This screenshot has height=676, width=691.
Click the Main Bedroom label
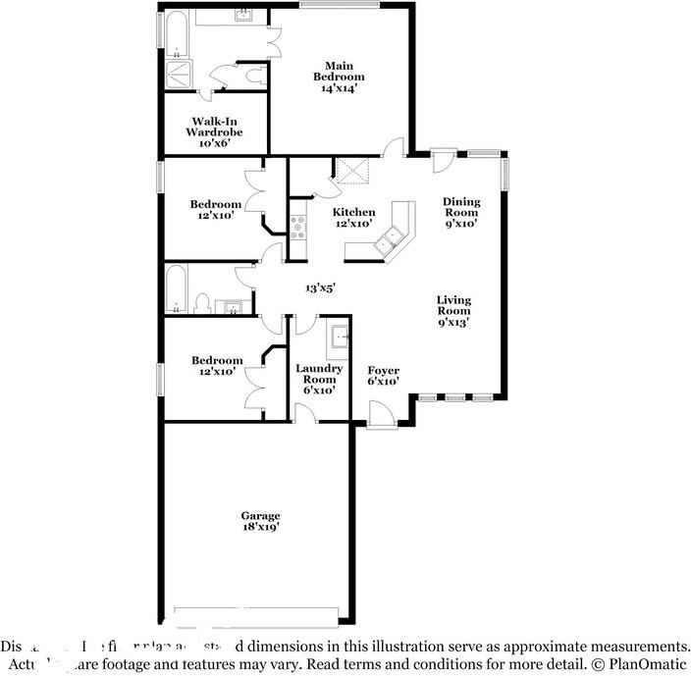point(339,77)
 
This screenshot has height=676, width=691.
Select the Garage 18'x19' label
point(261,522)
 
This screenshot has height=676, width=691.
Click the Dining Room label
point(460,212)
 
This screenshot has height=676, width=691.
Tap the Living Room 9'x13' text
point(453,310)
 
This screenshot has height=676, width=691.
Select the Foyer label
point(383,376)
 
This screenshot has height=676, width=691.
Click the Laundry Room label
point(319,379)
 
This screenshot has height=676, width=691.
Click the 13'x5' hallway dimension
point(320,288)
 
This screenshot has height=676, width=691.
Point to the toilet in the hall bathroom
point(202,303)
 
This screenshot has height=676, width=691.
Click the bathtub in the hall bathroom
point(177,288)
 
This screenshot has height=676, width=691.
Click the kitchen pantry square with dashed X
point(351,172)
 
